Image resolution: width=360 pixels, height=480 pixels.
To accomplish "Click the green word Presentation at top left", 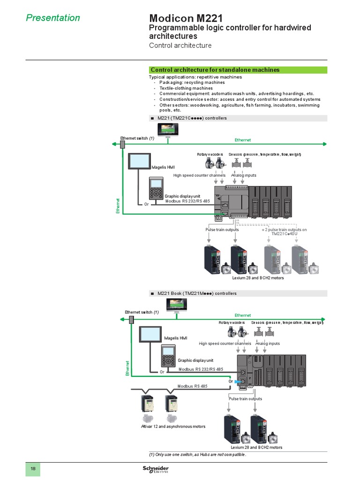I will (x=52, y=18).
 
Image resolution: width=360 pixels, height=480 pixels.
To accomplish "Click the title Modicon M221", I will (x=186, y=18).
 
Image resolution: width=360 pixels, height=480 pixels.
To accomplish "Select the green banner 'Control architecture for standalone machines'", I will (x=215, y=70).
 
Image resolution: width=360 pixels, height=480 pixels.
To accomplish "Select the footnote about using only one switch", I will (x=197, y=455).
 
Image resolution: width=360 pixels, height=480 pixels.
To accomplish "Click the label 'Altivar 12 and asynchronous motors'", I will (x=173, y=427).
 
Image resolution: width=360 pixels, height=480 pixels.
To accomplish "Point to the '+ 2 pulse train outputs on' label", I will (x=284, y=230).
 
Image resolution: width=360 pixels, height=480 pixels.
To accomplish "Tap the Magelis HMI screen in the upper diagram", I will (x=139, y=162).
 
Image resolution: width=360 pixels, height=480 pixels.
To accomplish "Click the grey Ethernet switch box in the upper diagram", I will (x=123, y=144).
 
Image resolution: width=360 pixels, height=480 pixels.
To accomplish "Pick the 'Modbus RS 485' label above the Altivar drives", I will (x=192, y=386).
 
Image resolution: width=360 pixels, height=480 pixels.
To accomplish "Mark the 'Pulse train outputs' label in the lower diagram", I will (x=245, y=399).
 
